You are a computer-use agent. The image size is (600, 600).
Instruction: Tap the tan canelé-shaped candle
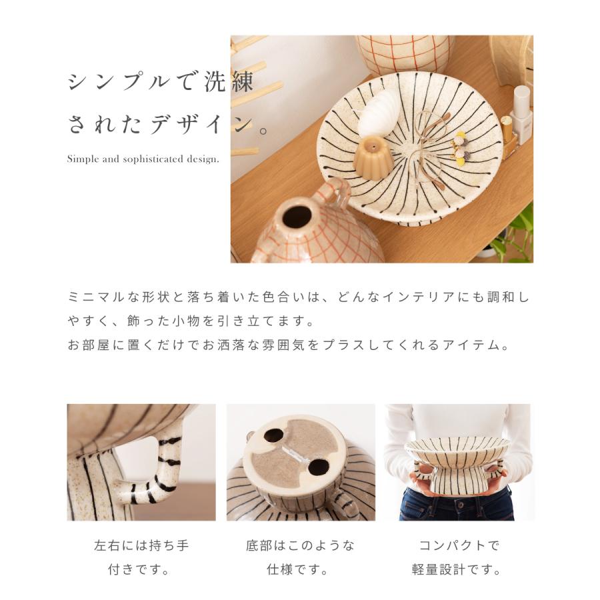tap(371, 155)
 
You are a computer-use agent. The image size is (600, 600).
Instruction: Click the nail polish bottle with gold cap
tap(509, 136)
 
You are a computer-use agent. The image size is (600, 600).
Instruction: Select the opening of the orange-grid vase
tap(297, 216)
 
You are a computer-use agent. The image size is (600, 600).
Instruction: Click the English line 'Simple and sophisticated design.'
tap(143, 159)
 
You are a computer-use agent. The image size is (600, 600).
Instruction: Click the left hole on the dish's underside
tap(273, 436)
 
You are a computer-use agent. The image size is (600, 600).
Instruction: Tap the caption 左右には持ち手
tap(141, 545)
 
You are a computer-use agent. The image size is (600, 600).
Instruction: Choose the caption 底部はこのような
tap(300, 545)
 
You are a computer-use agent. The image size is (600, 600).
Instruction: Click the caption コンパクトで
tap(458, 545)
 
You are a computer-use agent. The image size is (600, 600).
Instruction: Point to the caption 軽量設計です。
tap(458, 570)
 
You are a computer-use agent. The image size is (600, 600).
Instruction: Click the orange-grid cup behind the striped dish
tap(403, 53)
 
